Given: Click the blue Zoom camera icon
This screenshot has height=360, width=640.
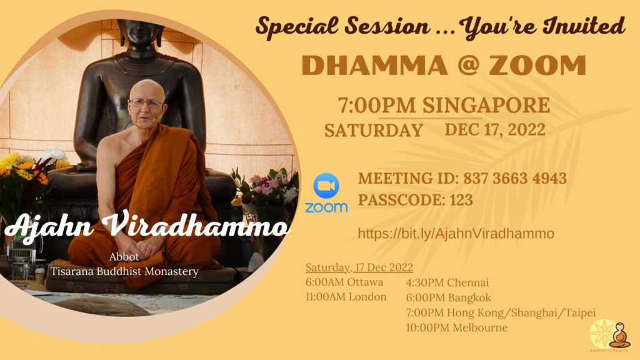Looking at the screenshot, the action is click(x=326, y=186).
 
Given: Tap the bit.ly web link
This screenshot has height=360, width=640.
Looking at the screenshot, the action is click(x=456, y=234).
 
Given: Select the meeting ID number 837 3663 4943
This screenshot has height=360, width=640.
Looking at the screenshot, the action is click(x=515, y=178).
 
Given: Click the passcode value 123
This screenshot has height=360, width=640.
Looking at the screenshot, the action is click(x=461, y=200).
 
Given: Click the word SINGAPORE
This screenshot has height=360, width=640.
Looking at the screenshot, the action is click(x=486, y=105).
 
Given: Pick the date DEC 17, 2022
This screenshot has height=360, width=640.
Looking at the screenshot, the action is click(x=495, y=130).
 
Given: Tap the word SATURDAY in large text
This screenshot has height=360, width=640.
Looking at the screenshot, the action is click(x=374, y=131).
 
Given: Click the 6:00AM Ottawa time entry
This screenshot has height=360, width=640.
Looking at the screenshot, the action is click(x=344, y=282).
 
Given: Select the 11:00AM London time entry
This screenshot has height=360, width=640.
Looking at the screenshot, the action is click(x=346, y=297).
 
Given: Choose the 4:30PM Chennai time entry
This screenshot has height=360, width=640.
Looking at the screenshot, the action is click(x=447, y=282).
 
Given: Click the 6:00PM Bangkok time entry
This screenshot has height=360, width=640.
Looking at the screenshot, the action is click(x=449, y=297).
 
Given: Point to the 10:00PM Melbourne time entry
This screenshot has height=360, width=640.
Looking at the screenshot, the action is click(x=457, y=327).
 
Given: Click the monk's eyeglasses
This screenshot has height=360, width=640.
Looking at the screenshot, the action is click(x=146, y=103).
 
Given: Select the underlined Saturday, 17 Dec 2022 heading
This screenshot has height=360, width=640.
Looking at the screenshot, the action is click(x=359, y=267).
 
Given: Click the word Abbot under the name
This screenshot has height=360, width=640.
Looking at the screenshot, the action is click(x=124, y=257).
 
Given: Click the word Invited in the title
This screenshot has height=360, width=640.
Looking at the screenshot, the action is click(x=584, y=26).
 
